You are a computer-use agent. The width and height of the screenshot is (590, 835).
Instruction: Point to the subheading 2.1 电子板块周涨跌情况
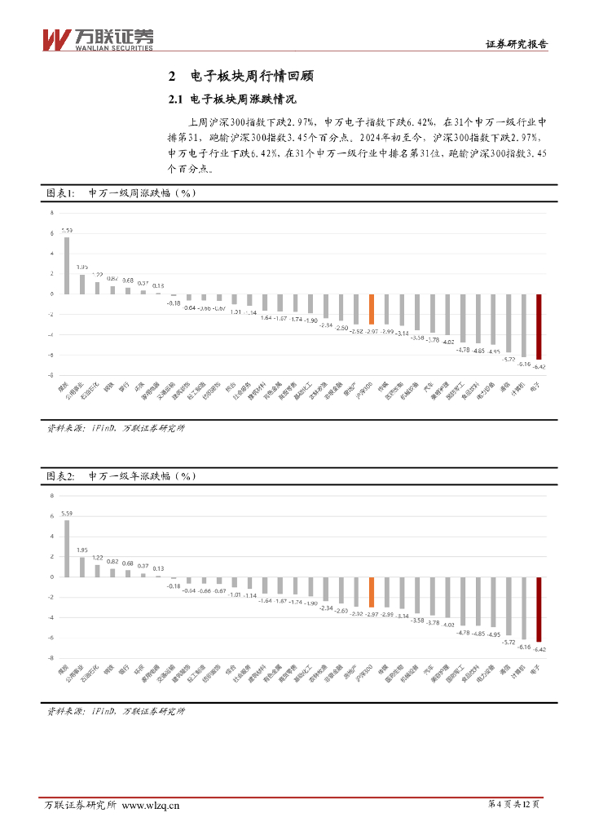pyautogui.click(x=231, y=99)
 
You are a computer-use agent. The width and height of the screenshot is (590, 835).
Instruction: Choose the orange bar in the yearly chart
pyautogui.click(x=371, y=591)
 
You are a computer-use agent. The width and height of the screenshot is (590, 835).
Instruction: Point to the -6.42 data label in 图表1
pyautogui.click(x=539, y=367)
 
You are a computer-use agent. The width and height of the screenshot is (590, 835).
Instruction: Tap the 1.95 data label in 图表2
pyautogui.click(x=82, y=550)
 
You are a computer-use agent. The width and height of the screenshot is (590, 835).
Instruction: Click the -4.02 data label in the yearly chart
pyautogui.click(x=448, y=624)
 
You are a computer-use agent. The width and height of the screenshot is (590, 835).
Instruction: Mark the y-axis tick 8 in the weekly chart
pyautogui.click(x=52, y=212)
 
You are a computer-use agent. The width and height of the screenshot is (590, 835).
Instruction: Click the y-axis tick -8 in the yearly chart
pyautogui.click(x=51, y=657)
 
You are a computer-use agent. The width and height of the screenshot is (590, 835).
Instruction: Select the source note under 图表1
pyautogui.click(x=115, y=428)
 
